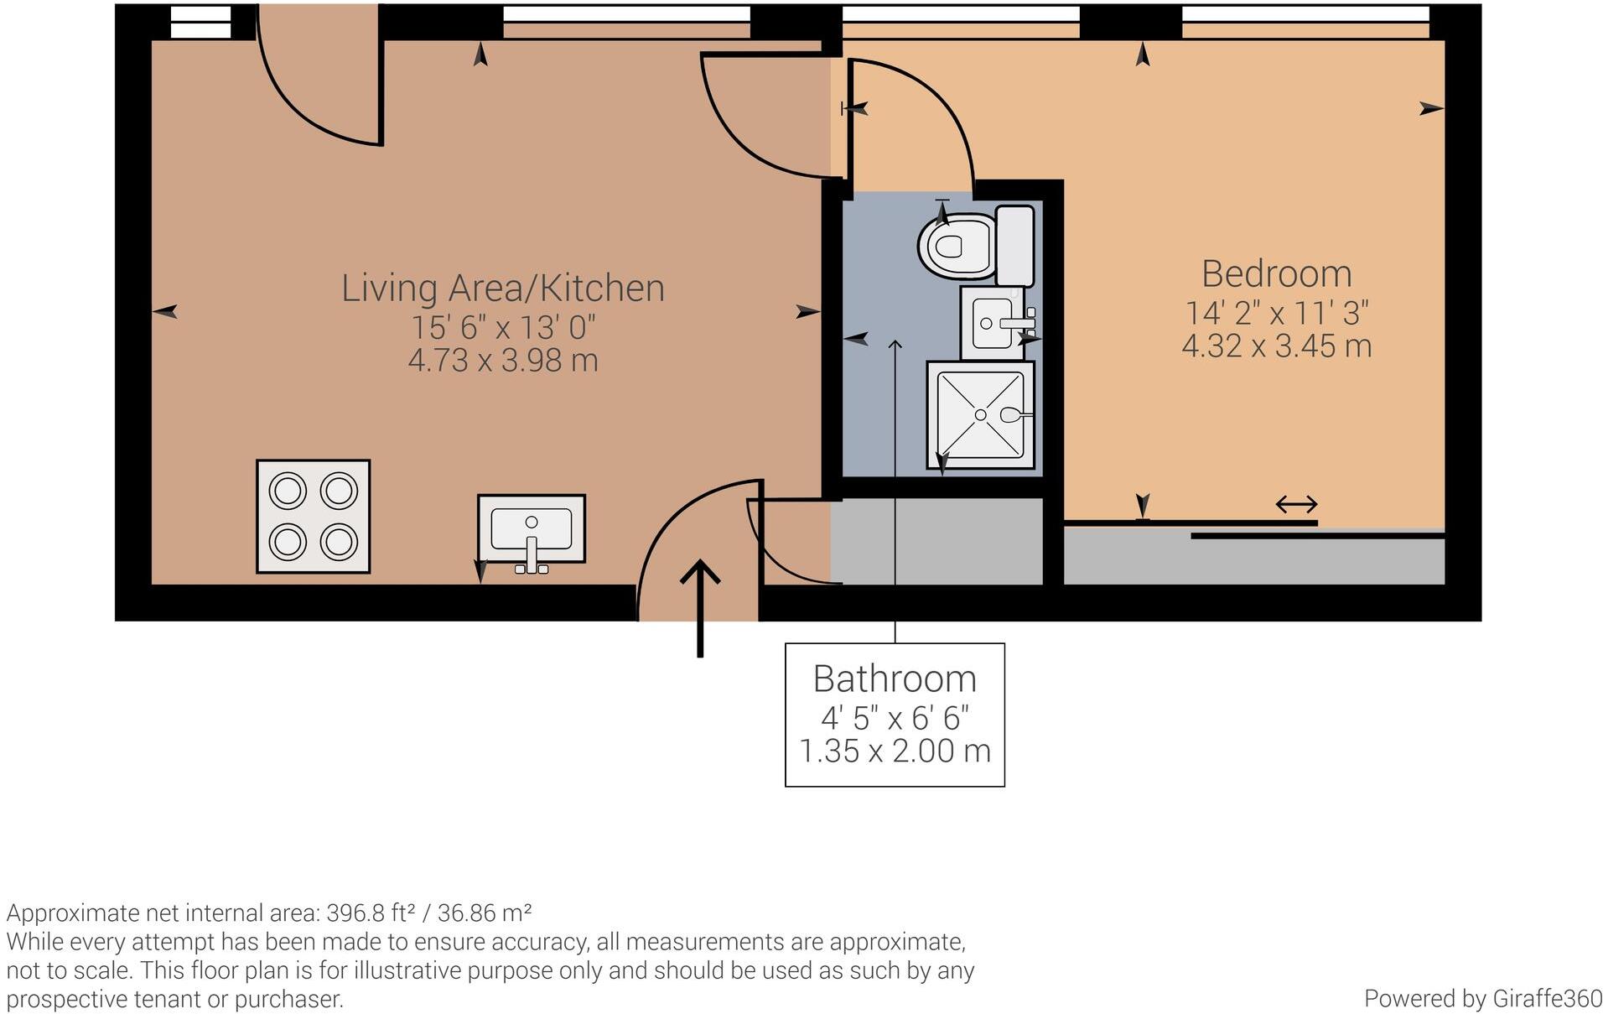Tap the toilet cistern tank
pos(1014,245)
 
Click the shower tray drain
pos(980,414)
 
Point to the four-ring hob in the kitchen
pos(313,516)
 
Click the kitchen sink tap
pos(532,554)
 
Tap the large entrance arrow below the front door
pos(700,608)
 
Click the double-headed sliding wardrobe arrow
pos(1296,504)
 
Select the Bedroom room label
pos(1276,274)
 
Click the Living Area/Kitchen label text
pos(503,289)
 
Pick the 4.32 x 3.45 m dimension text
pos(1276,346)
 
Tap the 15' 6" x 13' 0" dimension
pos(503,327)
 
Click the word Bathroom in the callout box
pos(895,679)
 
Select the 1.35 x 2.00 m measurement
pos(895,751)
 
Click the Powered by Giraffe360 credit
pos(1482,998)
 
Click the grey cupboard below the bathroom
pos(937,541)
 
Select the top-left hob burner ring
pos(288,491)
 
